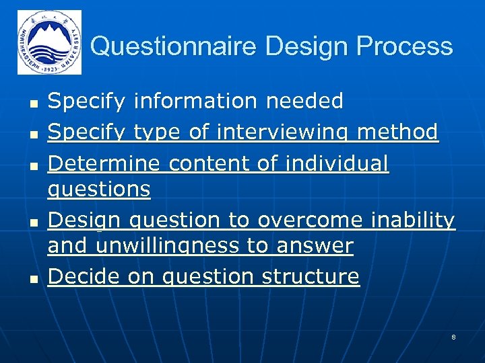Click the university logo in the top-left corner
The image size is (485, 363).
point(49,42)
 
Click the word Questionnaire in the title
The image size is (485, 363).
point(174,46)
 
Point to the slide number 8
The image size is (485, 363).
point(453,336)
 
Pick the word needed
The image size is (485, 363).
point(304,102)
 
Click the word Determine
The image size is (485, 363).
point(104,163)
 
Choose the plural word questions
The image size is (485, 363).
point(99,190)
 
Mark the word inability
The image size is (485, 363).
point(414,220)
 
